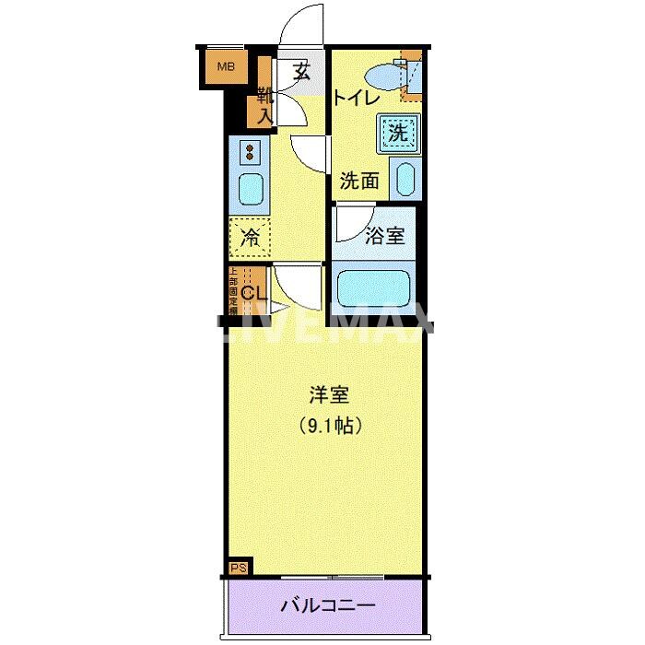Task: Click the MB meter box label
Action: click(225, 66)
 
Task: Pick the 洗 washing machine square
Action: click(397, 133)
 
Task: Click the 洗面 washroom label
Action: click(359, 182)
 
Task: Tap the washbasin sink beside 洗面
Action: click(405, 179)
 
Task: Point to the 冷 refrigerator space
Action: click(250, 237)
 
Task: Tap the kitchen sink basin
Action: click(251, 191)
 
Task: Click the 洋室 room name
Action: click(328, 396)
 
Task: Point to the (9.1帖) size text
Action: click(328, 426)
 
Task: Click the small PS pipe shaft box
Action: click(237, 568)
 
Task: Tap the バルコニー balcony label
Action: click(328, 606)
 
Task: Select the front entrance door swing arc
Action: click(302, 23)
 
